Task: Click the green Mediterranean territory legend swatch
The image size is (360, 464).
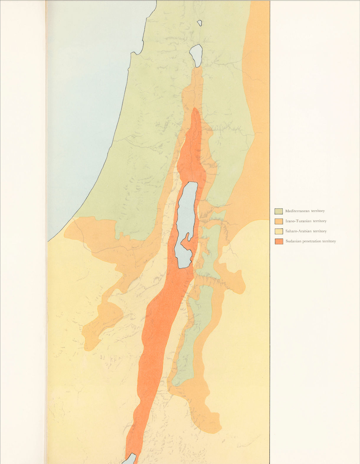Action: [x=279, y=211]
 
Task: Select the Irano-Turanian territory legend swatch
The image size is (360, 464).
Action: [x=279, y=221]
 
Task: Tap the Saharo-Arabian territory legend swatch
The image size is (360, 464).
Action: [x=279, y=231]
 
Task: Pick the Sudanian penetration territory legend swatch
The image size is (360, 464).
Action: [x=279, y=241]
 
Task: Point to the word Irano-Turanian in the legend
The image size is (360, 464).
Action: [x=299, y=221]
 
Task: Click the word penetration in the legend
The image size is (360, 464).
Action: [x=312, y=241]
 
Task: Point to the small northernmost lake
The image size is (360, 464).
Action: [x=200, y=23]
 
